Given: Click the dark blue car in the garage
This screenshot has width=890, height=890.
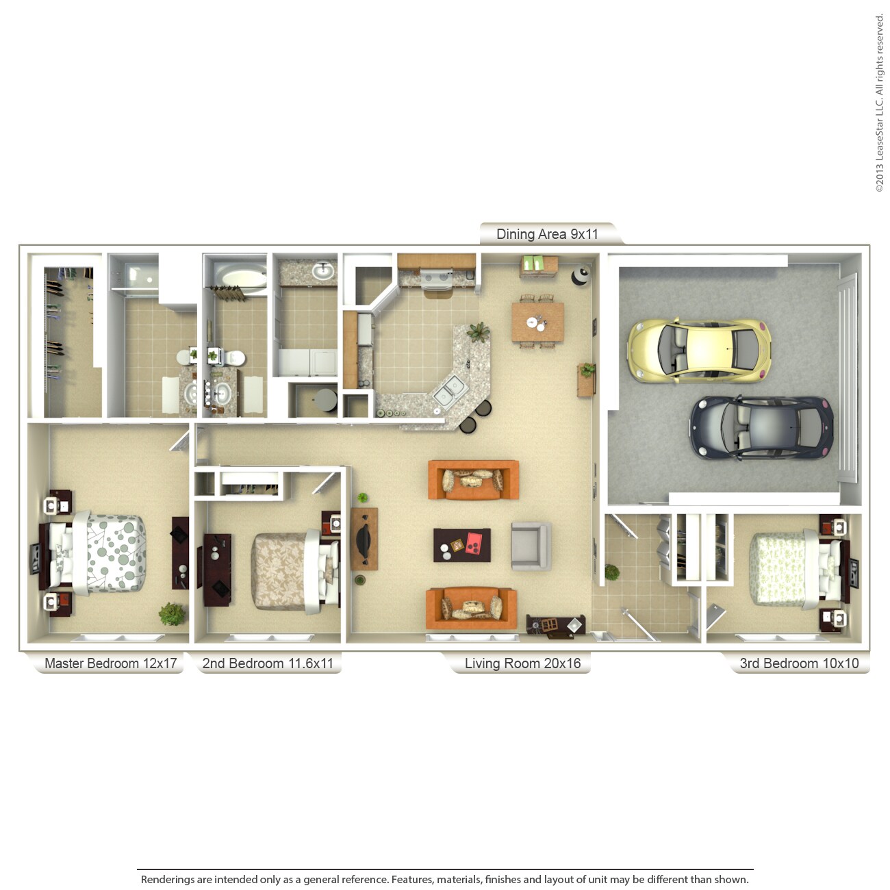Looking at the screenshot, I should click(760, 428).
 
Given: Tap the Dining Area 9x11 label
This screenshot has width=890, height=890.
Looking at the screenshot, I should click(547, 234).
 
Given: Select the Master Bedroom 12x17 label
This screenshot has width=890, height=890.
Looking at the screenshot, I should click(110, 663).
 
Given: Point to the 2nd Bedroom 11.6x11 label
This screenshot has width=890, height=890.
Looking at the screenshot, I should click(268, 663).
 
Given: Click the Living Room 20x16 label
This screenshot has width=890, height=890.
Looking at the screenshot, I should click(522, 663).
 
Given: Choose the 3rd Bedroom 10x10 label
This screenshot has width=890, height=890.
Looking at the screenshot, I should click(799, 663).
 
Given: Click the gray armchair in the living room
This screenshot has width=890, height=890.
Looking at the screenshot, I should click(531, 546).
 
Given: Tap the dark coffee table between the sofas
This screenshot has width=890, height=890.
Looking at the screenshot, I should click(462, 545).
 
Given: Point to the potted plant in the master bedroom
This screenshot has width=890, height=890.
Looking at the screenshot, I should click(172, 613).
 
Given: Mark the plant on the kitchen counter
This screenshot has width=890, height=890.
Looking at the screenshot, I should click(478, 333).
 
